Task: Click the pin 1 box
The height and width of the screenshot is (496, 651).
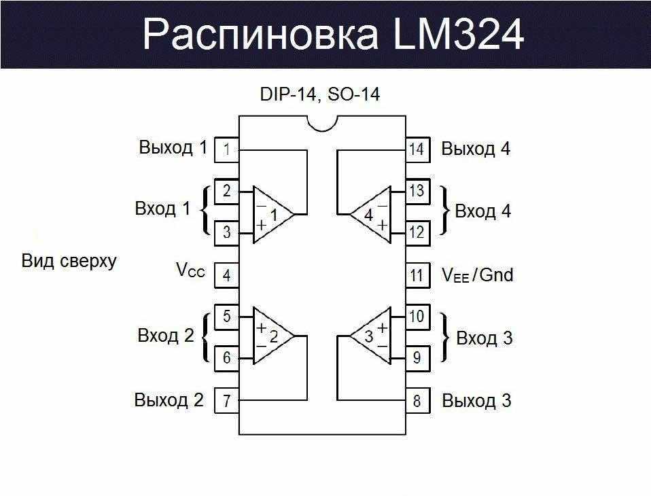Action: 226,149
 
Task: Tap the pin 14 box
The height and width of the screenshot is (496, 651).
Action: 417,149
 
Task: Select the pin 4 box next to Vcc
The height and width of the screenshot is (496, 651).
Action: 226,275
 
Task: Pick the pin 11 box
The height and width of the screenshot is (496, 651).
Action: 417,275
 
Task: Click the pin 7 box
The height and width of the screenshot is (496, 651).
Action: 226,401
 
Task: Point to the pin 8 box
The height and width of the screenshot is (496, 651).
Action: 417,401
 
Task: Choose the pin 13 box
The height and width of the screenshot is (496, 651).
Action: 417,191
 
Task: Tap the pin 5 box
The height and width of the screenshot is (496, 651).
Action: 226,317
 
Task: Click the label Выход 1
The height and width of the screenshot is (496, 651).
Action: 173,147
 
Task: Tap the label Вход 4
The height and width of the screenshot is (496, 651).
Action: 482,211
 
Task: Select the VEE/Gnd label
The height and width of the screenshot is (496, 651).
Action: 477,275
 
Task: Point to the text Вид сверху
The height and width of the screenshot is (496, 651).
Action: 69,261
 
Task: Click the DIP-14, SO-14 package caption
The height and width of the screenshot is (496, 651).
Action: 320,94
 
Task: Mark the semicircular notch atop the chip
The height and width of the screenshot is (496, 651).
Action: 322,122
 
